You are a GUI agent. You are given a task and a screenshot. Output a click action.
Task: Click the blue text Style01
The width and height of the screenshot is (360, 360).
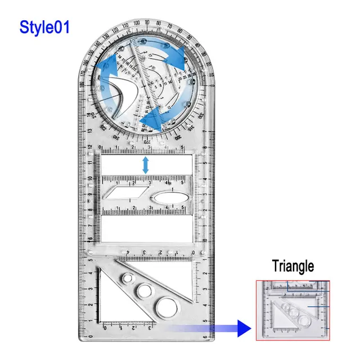pyautogui.click(x=45, y=27)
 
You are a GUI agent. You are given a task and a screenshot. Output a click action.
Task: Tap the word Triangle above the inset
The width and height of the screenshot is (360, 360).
pyautogui.click(x=292, y=266)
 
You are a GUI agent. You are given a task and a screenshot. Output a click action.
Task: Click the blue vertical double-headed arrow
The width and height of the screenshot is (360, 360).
pyautogui.click(x=146, y=165)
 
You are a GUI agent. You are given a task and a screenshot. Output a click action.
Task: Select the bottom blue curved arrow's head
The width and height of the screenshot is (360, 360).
pyautogui.click(x=146, y=121)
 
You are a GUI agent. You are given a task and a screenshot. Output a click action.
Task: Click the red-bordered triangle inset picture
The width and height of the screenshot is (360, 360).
pyautogui.click(x=292, y=310)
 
